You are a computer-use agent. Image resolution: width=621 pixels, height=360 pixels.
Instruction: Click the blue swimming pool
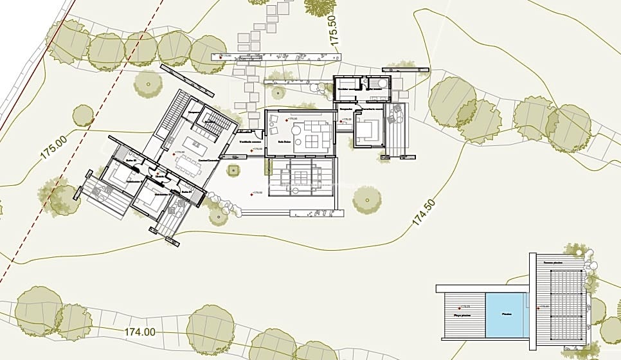coord(506,312)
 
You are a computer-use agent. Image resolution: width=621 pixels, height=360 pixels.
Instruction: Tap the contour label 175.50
coord(333,29)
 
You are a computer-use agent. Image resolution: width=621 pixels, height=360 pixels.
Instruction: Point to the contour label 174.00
coord(139,332)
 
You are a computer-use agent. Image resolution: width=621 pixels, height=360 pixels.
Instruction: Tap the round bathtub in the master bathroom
coord(381,83)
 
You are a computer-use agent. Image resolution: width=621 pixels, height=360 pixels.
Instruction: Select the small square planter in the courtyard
coord(233,170)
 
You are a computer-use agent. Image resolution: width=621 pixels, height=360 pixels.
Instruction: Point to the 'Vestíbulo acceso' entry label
coord(249,141)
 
